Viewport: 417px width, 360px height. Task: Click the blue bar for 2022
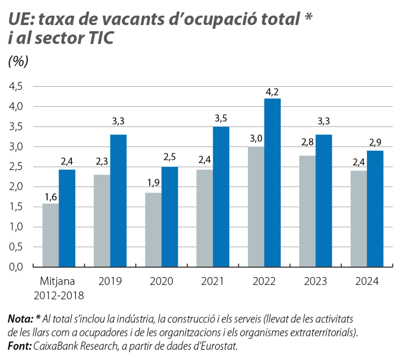coord(272,183)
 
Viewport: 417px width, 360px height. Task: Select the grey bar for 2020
coord(153,230)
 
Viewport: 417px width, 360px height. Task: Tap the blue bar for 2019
coord(118,201)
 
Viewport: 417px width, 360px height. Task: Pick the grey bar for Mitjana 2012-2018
coord(50,235)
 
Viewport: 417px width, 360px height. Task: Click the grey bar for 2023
coord(308,211)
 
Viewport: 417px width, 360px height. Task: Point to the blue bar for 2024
coord(376,209)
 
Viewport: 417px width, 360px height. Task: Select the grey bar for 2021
coord(205,218)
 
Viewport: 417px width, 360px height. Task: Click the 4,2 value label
coord(272,91)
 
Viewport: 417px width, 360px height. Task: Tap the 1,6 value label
coord(50,197)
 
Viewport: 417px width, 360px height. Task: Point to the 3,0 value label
coord(256,139)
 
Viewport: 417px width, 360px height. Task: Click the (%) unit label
coord(19,62)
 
